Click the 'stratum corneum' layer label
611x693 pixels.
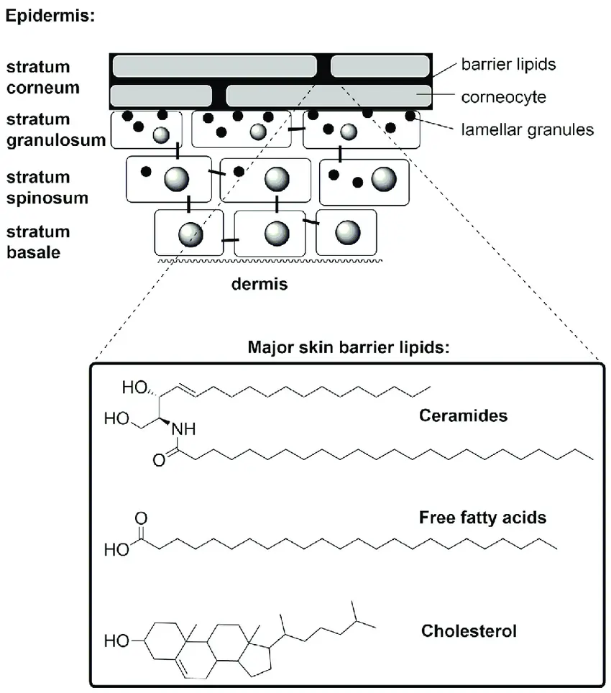[39, 78]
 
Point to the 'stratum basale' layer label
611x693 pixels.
[39, 242]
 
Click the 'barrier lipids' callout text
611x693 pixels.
[507, 65]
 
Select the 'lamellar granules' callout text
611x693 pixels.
[526, 129]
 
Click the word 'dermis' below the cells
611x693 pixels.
[259, 285]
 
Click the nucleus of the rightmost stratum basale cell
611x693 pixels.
[347, 231]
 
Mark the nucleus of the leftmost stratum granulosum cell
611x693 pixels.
[162, 134]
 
